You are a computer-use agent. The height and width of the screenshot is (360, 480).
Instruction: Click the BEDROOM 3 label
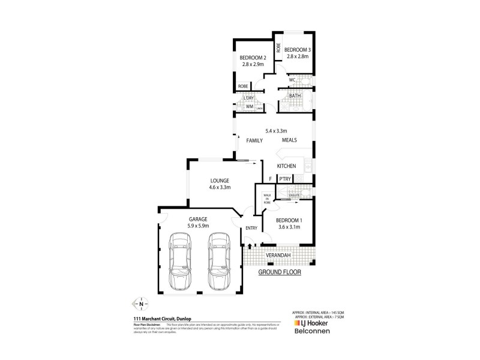pos(296,49)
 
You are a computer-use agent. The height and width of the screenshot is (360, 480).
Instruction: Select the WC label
pos(292,80)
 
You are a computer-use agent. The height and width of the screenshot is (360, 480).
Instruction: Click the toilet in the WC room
pos(305,79)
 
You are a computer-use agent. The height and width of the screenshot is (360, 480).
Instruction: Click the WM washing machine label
pos(248,107)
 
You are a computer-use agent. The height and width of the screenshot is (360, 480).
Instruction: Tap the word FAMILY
pos(255,140)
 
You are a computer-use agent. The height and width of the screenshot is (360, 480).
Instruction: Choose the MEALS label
pos(290,140)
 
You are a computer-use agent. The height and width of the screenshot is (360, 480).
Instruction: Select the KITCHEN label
pos(286,166)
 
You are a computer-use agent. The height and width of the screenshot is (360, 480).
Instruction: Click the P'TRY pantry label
pos(284,179)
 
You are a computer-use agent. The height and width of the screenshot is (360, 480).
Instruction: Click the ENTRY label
pos(250,228)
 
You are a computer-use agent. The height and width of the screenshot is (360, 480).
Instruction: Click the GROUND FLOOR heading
pos(279,272)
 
